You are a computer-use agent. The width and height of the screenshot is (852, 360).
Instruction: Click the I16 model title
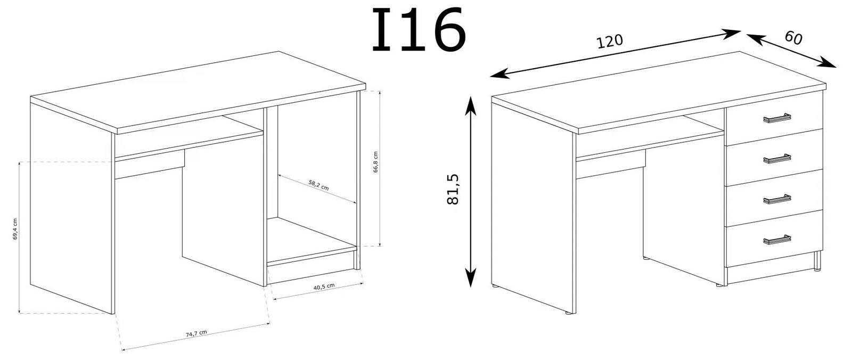[419, 30]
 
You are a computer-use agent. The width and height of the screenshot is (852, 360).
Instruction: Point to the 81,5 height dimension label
[453, 189]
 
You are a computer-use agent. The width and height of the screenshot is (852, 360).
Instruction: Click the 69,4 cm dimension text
[15, 228]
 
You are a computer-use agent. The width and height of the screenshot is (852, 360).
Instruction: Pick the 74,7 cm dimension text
[196, 333]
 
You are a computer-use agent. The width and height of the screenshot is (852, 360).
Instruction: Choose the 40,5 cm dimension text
[324, 287]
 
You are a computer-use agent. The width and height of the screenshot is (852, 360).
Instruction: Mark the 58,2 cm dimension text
[318, 185]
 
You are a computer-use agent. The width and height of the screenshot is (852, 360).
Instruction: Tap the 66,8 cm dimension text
[375, 162]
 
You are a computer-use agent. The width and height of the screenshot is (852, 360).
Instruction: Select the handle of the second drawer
[777, 159]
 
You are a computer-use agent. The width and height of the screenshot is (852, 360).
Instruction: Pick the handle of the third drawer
[777, 199]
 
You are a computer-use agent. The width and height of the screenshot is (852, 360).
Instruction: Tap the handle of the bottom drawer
[777, 239]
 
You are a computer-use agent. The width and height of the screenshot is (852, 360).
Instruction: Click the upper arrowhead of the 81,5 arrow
[471, 105]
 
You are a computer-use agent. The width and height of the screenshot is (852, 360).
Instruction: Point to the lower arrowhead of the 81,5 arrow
[471, 278]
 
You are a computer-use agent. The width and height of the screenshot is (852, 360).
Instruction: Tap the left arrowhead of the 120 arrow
[499, 74]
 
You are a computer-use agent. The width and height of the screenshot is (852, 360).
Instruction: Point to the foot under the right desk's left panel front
[569, 313]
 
